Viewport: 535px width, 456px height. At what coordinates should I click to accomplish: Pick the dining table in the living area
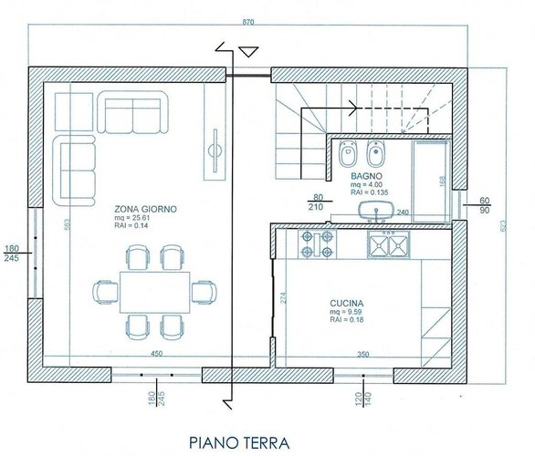pyautogui.click(x=155, y=291)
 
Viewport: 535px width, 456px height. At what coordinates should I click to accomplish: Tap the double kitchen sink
pyautogui.click(x=389, y=244)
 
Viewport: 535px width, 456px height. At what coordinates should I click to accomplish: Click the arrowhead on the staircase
pyautogui.click(x=351, y=106)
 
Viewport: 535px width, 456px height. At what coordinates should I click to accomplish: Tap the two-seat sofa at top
pyautogui.click(x=133, y=113)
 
